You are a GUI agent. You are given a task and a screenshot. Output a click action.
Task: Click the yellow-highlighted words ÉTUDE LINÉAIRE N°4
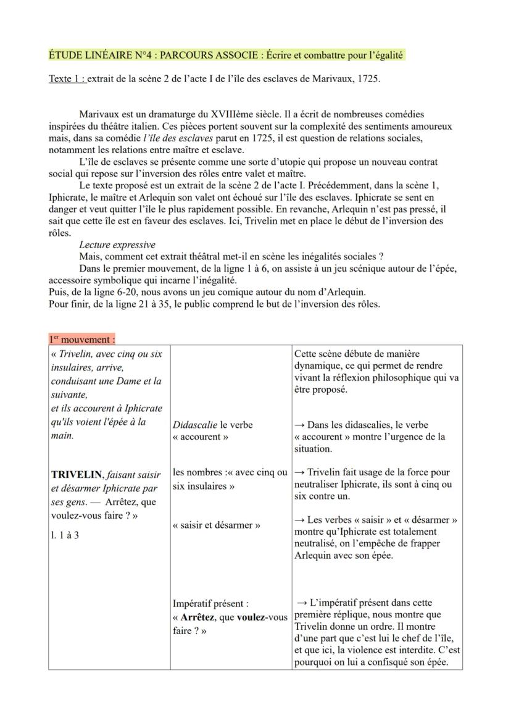(100, 55)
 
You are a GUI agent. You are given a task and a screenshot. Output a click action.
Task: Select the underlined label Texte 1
(67, 80)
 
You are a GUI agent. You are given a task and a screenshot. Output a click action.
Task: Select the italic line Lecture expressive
(117, 245)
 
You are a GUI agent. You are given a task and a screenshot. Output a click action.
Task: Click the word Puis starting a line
(59, 292)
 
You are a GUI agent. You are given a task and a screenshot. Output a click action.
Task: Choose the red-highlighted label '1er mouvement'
(82, 339)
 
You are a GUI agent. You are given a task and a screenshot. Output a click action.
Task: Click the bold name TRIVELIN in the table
(77, 475)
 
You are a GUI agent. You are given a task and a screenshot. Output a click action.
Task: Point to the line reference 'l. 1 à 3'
(65, 535)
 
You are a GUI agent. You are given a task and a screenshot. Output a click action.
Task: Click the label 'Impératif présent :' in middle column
(210, 603)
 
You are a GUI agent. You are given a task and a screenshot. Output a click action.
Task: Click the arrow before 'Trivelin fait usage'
(299, 472)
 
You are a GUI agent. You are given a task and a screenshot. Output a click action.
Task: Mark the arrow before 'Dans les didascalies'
(299, 425)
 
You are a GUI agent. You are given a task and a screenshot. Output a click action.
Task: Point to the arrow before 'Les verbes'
(299, 520)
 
